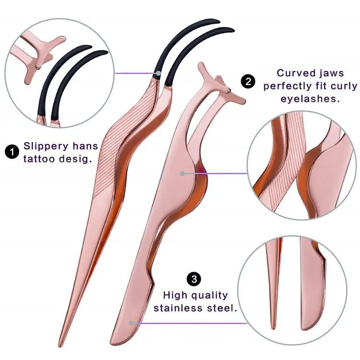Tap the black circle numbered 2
point(248,81)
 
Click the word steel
point(223,307)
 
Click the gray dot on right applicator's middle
point(182,173)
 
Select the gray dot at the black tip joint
point(158,73)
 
